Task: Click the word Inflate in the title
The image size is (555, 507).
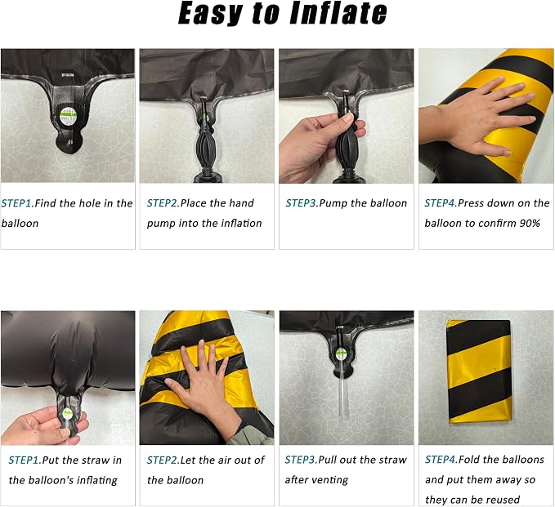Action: (x=338, y=13)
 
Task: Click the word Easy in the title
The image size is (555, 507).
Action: (x=210, y=14)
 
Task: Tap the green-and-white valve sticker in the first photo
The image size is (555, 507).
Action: (x=67, y=116)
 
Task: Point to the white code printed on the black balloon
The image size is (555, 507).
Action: (x=68, y=75)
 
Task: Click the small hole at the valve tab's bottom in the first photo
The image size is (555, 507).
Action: (x=69, y=142)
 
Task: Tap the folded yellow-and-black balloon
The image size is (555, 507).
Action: (x=479, y=371)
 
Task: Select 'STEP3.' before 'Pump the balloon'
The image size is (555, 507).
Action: (x=302, y=203)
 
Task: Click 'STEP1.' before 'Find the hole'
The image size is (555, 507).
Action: (x=17, y=203)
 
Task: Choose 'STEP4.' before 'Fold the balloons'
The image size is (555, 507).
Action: (x=441, y=460)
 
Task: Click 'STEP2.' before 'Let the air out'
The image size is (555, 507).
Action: (x=163, y=460)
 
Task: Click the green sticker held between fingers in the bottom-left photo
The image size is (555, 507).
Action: (x=67, y=413)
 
